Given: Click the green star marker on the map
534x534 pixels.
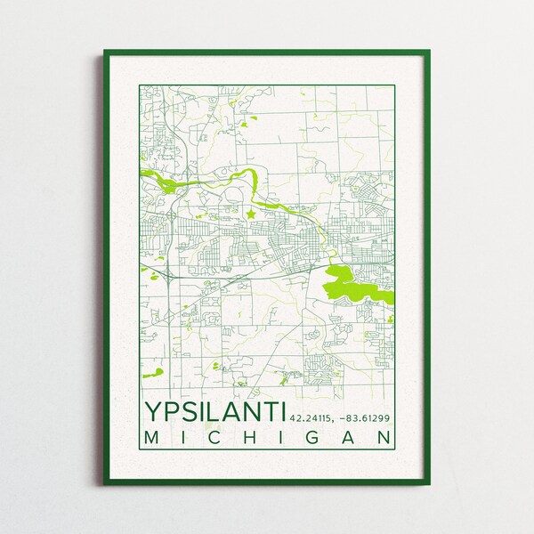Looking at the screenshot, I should point(251,214).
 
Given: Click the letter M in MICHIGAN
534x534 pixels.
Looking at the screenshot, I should point(150,438).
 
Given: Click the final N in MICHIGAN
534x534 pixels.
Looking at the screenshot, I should point(384,438).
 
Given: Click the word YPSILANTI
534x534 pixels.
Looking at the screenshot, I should point(214,411).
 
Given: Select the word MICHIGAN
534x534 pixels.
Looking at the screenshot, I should point(267,438).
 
